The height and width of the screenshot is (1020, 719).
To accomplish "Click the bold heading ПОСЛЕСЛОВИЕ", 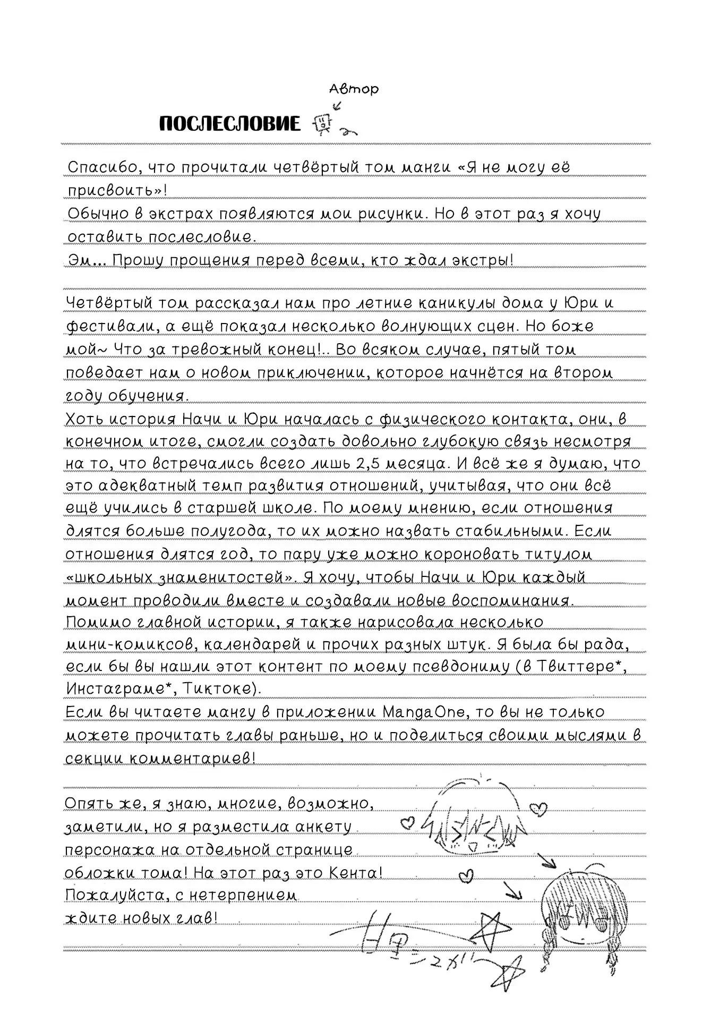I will coord(229,124).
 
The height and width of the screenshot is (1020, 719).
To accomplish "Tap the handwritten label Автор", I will coord(354,89).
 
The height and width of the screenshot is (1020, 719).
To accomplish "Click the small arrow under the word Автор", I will coord(336,106).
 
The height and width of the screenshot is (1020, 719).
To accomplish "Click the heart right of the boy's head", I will coord(538,809).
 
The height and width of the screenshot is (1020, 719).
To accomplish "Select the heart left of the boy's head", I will coord(408,823).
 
